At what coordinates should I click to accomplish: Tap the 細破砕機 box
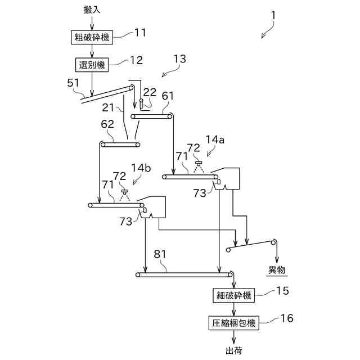(x=233, y=295)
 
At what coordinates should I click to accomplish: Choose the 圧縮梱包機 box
(x=233, y=323)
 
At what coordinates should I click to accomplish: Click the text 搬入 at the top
(x=92, y=10)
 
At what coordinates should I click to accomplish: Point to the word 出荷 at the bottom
(x=233, y=350)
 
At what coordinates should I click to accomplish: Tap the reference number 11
(x=139, y=33)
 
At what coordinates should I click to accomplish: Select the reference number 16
(x=286, y=318)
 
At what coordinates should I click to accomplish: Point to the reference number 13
(x=179, y=58)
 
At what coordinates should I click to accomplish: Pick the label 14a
(x=215, y=139)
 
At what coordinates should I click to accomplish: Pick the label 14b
(x=141, y=168)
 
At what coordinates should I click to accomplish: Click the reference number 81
(x=160, y=254)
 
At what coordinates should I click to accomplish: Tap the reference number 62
(x=108, y=123)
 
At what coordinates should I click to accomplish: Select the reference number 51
(x=73, y=83)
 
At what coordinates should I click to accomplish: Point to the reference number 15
(x=282, y=291)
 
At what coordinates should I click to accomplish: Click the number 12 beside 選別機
(x=137, y=60)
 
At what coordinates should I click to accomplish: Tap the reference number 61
(x=168, y=96)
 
